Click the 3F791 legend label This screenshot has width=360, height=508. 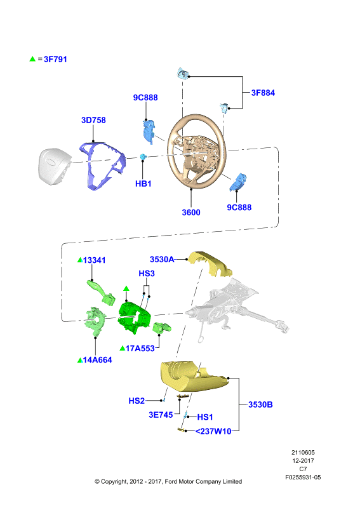(x=55, y=59)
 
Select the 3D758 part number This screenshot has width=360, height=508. (x=93, y=120)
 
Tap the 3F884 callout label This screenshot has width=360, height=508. (x=263, y=93)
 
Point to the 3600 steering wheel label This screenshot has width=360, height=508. (x=191, y=213)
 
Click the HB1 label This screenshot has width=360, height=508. (x=143, y=184)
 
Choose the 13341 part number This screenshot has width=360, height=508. (x=95, y=260)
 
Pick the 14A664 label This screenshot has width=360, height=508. (x=98, y=360)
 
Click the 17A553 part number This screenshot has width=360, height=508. (x=140, y=349)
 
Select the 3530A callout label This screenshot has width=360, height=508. (x=162, y=260)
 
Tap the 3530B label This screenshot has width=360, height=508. (x=260, y=404)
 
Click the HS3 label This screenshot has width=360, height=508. (x=147, y=274)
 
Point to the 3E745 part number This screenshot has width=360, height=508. (x=161, y=415)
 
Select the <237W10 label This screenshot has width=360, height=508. (x=213, y=432)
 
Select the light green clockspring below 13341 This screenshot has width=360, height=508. (x=95, y=322)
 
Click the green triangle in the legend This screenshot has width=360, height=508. (x=32, y=59)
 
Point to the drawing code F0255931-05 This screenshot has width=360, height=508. (x=303, y=478)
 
